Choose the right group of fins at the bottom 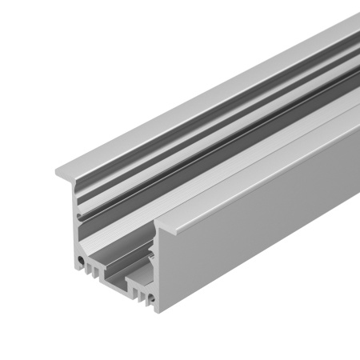click(x=142, y=292)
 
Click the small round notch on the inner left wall click(x=78, y=215)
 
